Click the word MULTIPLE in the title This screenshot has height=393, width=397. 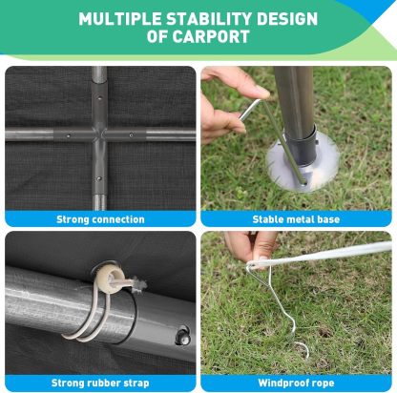coord(119,19)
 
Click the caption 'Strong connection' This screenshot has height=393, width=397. coord(100,219)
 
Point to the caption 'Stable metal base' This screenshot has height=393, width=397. coord(296,219)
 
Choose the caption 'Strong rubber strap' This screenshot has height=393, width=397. coord(100,383)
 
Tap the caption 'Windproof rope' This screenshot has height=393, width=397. coord(296,383)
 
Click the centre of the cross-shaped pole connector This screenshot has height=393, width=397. coord(99,134)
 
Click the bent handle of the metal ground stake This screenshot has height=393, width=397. coord(252,108)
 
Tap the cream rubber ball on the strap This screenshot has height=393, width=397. coord(108,274)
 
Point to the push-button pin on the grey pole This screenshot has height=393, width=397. coord(183,335)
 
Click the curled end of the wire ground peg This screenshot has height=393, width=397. coord(302,349)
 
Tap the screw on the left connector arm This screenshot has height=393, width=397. coord(68,135)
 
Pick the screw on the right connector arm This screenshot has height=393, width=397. coord(131,135)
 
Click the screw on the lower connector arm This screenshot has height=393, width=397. coord(99,179)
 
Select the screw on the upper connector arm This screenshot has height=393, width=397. coord(100,98)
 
